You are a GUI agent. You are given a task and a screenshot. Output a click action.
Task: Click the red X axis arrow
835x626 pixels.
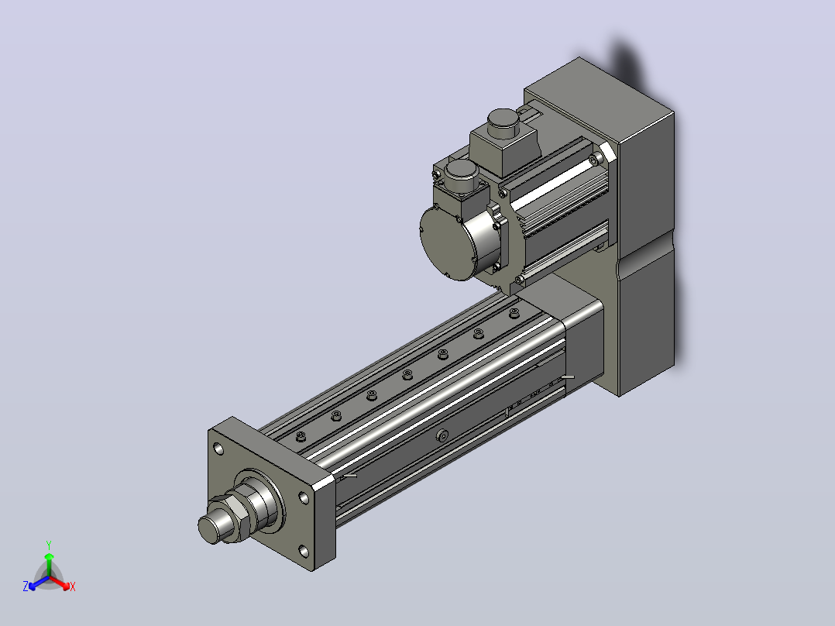[60, 583]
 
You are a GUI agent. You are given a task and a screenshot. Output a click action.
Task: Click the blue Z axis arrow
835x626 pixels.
[39, 583]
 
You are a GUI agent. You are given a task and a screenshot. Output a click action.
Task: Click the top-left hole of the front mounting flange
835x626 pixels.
[218, 449]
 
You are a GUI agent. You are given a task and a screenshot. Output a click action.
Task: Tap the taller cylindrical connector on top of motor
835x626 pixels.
[503, 122]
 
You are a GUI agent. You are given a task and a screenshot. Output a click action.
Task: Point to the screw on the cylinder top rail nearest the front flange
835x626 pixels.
[301, 437]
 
